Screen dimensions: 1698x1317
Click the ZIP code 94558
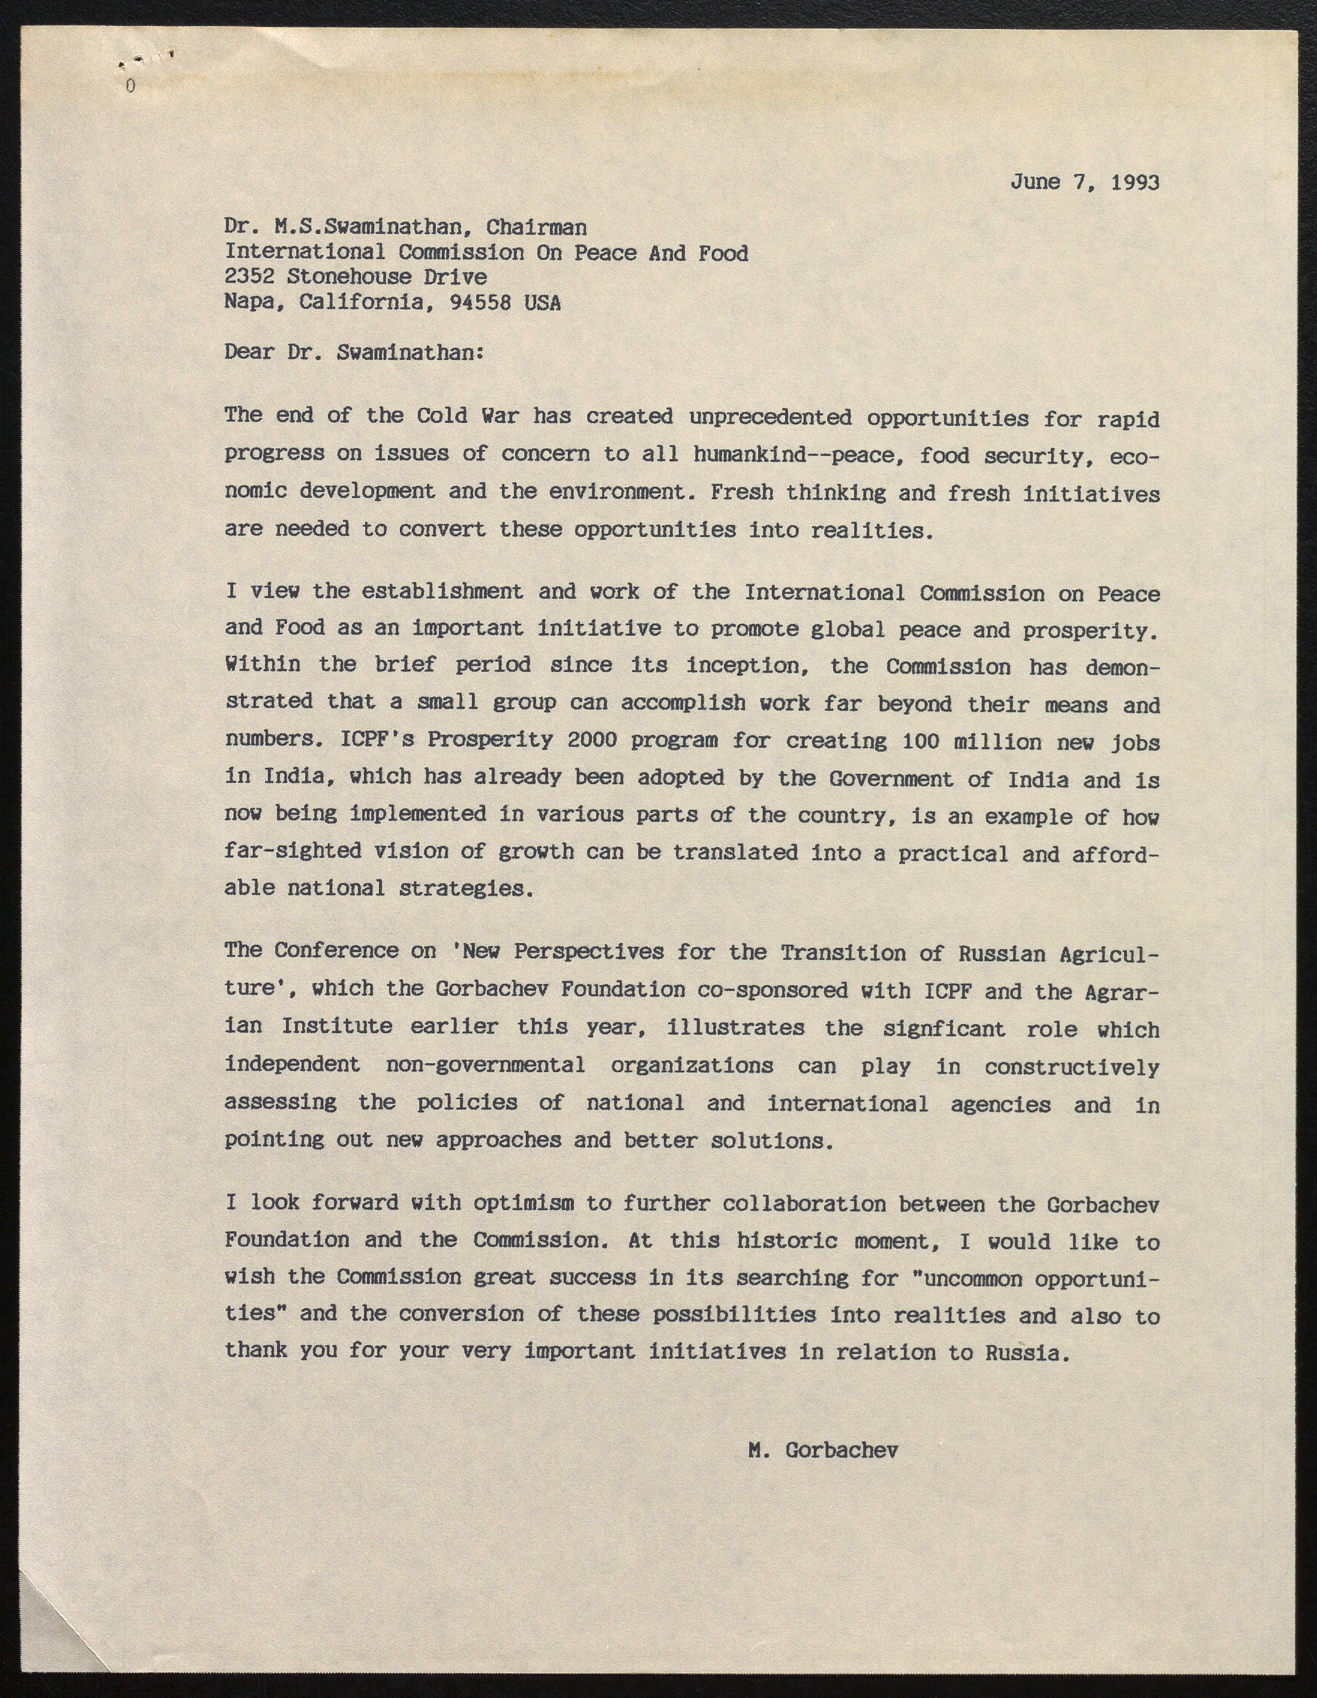(480, 302)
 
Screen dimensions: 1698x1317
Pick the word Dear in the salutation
(249, 352)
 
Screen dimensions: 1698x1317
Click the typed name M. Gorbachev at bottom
(823, 1450)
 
